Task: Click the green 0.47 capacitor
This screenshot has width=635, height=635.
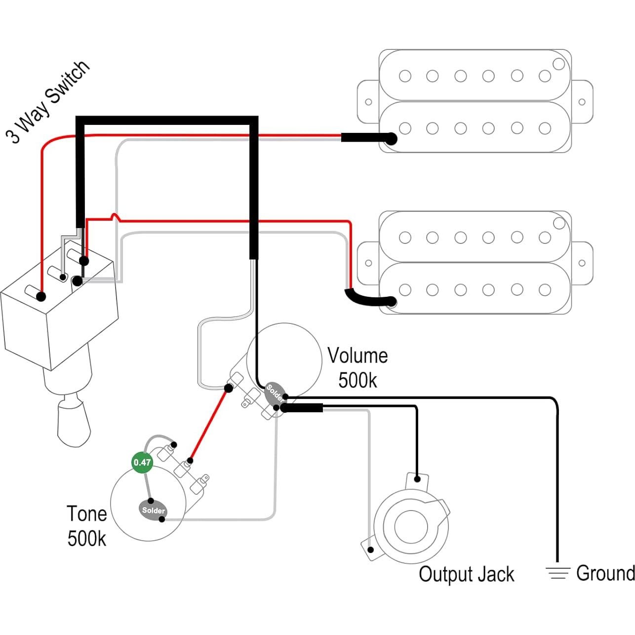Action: coord(142,463)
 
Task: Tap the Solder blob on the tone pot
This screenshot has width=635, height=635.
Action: coord(153,511)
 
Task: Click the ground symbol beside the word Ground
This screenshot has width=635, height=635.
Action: coord(557,573)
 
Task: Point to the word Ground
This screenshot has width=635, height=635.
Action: coord(605,573)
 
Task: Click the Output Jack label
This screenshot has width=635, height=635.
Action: coord(466,574)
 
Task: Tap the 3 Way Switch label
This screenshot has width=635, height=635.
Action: coord(48,103)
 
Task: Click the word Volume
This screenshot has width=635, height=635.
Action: coord(357,356)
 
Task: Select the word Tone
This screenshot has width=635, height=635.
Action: coord(87,514)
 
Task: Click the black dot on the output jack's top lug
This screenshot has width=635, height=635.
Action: coord(417,478)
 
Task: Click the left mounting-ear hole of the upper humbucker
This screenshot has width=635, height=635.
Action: coord(368,102)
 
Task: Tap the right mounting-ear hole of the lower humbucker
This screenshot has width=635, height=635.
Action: coord(582,263)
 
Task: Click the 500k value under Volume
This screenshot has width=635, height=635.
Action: coord(357,381)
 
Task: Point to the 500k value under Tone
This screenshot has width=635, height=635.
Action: coord(87,539)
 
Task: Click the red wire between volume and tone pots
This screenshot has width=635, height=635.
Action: coord(209,424)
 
